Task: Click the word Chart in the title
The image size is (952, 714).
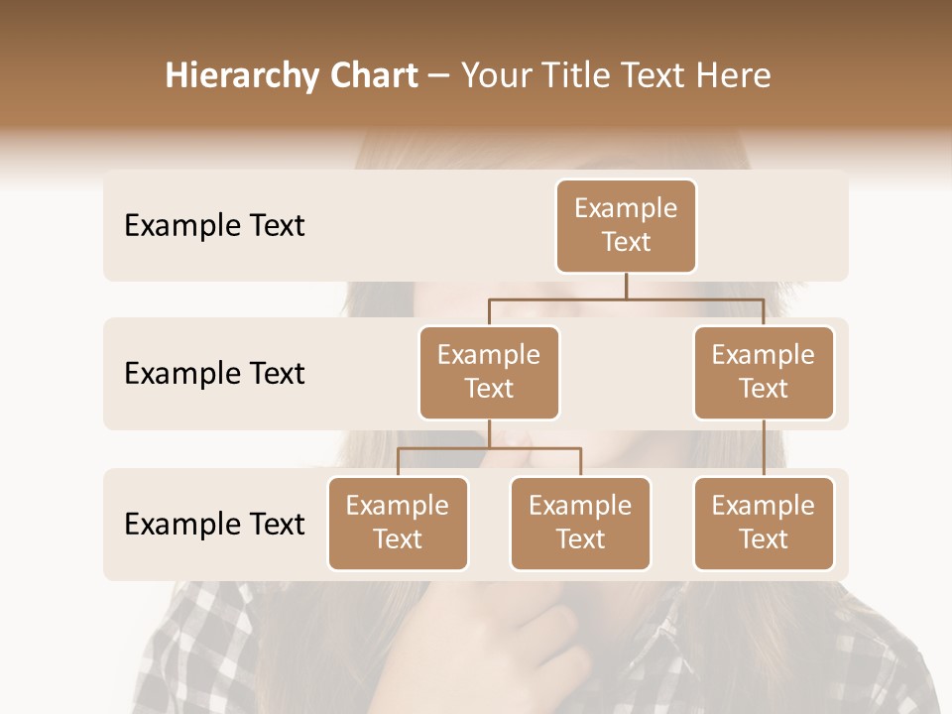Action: pos(373,76)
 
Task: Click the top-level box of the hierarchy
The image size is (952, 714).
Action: pos(626,225)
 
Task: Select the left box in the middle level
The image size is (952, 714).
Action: pos(489,372)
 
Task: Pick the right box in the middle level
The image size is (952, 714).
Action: pos(764,372)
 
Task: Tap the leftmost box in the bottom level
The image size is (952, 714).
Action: pos(398,523)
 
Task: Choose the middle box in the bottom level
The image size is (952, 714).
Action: pos(580,523)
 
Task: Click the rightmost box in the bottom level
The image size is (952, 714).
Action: pos(764,523)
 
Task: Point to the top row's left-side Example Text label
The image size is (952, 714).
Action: pos(214,226)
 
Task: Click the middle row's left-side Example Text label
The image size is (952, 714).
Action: pos(214,374)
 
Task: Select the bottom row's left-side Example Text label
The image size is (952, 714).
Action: pos(214,524)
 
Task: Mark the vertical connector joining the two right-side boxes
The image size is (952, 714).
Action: pos(764,448)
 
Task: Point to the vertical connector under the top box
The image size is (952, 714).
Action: pos(626,286)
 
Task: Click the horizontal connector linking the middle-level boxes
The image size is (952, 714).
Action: pos(626,298)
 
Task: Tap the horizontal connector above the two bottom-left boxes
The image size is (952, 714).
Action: pos(489,448)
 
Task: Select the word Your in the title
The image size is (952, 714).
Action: pos(494,76)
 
